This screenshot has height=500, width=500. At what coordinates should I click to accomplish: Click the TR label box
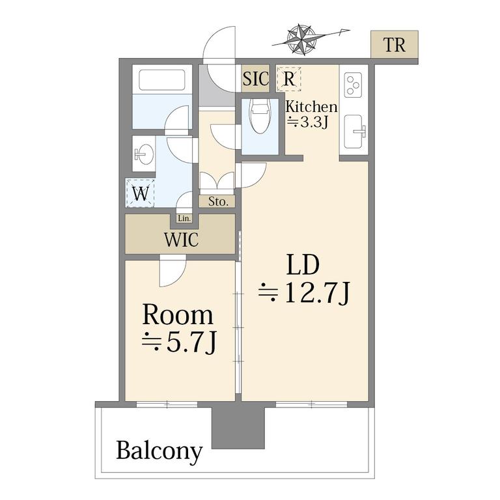point(394,44)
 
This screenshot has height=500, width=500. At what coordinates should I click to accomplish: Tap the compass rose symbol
point(301,39)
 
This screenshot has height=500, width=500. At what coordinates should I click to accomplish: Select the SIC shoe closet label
point(255,78)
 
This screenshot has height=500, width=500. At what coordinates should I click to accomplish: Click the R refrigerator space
point(289,79)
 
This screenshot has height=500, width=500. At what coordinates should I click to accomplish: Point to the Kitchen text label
point(311,107)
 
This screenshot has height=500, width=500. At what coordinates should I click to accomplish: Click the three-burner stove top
point(353,85)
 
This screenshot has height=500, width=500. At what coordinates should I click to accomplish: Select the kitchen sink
point(354,132)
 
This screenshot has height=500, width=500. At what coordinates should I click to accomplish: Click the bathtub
point(162,79)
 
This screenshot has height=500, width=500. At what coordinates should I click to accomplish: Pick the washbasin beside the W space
point(144,154)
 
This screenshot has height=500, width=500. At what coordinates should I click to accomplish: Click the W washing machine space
point(141,193)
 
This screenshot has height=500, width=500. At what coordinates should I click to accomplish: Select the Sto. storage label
point(218,202)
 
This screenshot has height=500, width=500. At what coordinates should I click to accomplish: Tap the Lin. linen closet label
point(184,219)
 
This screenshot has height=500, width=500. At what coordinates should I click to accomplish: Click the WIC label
point(181,240)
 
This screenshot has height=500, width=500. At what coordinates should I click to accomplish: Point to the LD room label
point(303,265)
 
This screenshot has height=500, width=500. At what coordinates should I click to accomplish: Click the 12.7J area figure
point(304,294)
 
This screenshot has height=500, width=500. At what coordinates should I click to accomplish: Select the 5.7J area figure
point(180,342)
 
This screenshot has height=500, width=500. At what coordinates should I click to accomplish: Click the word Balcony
point(160,451)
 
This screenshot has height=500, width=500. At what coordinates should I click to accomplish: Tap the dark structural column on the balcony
point(238,427)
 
